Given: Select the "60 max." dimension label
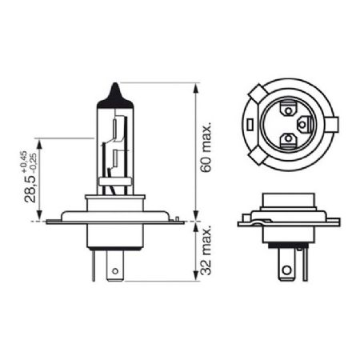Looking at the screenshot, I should click(206, 148).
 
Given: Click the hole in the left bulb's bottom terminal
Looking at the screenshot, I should click(114, 270).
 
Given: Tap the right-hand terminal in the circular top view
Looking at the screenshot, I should click(304, 124).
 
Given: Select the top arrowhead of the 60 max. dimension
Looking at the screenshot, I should click(195, 84).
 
